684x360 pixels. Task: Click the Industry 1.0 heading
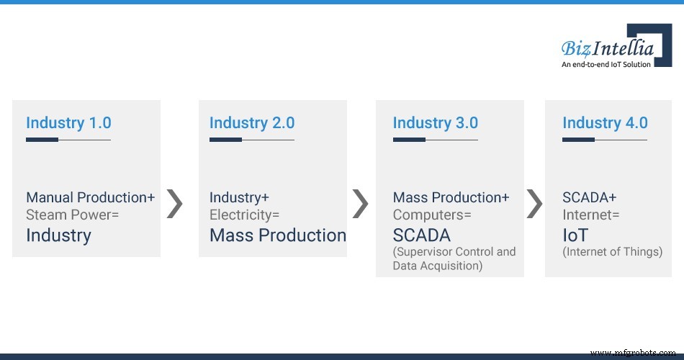click(x=68, y=123)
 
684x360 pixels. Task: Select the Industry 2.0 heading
click(x=252, y=123)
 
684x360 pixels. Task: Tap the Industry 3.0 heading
click(x=436, y=123)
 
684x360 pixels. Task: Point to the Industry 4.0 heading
click(x=605, y=123)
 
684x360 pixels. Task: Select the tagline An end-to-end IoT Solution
click(x=606, y=64)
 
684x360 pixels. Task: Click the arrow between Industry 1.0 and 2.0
click(x=175, y=204)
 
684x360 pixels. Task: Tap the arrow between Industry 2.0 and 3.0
click(x=360, y=204)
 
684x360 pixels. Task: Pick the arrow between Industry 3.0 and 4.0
click(x=534, y=204)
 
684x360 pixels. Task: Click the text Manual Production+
click(x=90, y=197)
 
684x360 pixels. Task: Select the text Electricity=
click(x=244, y=215)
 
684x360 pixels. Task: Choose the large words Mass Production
click(x=278, y=235)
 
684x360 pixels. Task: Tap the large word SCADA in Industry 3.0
click(x=421, y=235)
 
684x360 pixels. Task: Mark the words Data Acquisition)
click(x=437, y=266)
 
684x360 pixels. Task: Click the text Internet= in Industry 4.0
click(x=590, y=215)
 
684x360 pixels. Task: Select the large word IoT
click(x=575, y=235)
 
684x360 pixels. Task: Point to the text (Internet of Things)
click(x=613, y=252)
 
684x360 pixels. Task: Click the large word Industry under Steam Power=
click(x=58, y=235)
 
